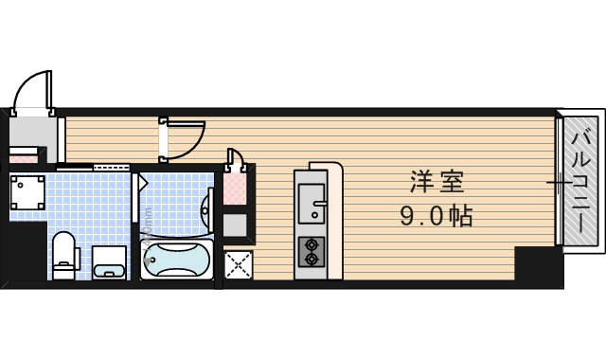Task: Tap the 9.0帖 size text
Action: [436, 216]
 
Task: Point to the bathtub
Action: [177, 259]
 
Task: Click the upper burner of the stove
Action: [310, 244]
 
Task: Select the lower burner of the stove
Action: [310, 259]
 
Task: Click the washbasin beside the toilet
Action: [110, 261]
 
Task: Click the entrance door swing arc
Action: [34, 90]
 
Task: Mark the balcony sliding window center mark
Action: [559, 181]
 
